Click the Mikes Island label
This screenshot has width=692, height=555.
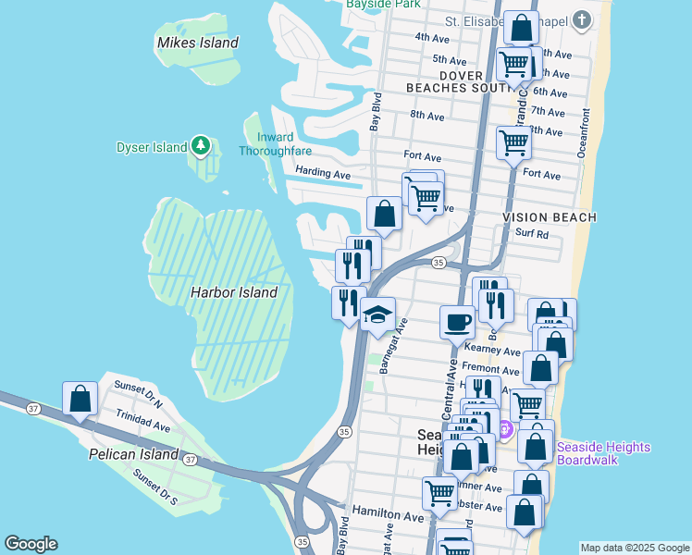point(197,43)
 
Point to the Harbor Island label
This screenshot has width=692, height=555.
point(233,292)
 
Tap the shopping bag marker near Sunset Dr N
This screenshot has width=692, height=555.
point(80,399)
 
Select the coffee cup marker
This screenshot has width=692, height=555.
point(457,323)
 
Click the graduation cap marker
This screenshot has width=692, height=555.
point(377,314)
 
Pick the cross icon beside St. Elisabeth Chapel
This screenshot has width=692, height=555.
point(581,19)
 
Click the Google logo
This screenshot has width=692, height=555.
point(31,544)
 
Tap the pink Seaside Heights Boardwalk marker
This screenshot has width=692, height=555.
point(504,429)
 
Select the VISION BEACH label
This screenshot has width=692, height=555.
point(550,216)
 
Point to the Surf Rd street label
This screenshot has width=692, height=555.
point(532,234)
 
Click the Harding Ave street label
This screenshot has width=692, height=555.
point(323,173)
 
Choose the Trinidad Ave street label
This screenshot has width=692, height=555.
point(142,427)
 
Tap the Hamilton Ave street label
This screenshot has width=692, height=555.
point(387,513)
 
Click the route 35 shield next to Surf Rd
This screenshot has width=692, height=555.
point(439,264)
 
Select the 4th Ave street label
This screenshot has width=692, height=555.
point(431,37)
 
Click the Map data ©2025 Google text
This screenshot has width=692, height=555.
point(634,548)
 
